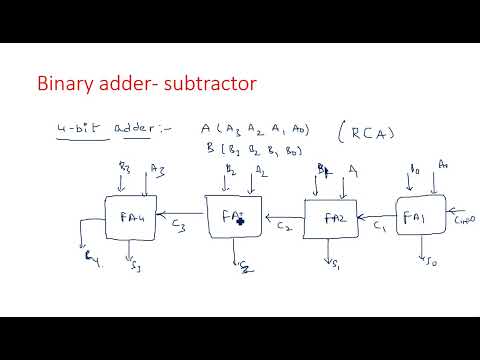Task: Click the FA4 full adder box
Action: [132, 218]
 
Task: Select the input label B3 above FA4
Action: [125, 166]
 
